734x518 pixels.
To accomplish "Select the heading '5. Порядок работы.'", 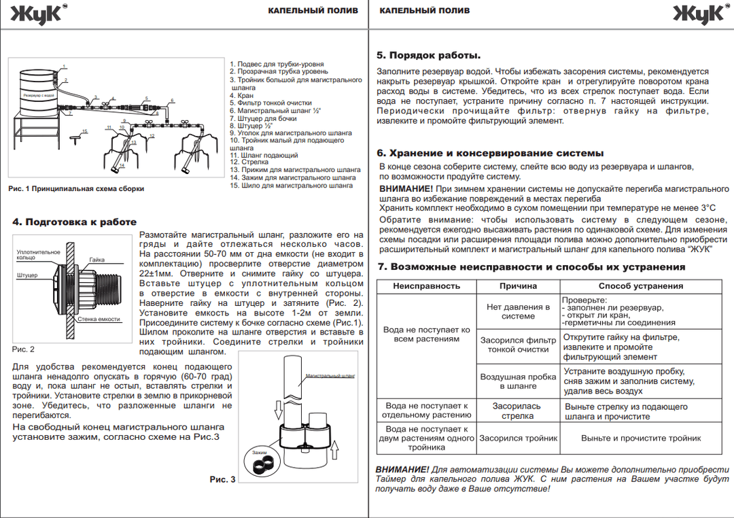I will pos(428,56).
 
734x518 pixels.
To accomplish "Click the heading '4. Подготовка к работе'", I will pos(75,222).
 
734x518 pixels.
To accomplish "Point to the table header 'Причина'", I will pos(518,286).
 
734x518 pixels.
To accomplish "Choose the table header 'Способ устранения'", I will pos(640,286).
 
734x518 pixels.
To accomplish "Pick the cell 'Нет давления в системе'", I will pos(518,311).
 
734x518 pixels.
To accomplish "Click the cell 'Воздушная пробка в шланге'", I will pos(518,381).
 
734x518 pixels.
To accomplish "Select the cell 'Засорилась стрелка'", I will pos(518,411).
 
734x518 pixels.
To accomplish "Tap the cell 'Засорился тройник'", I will pos(518,438).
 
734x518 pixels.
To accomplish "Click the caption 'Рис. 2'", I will pos(23,349).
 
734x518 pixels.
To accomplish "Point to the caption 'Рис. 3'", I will pos(222,479).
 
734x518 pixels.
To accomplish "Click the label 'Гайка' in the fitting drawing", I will pos(97,260).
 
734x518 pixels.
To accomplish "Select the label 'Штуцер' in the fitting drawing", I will pos(27,275).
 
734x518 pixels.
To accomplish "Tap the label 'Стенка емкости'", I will pos(99,319).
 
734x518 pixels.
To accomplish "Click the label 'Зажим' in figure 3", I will pos(259,453).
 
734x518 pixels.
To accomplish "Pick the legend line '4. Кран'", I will pos(241,96).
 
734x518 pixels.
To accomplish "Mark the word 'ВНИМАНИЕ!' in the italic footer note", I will pos(402,470).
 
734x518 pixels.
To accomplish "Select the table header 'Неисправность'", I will pos(426,286).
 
